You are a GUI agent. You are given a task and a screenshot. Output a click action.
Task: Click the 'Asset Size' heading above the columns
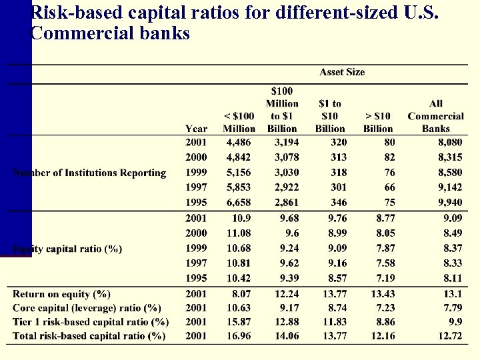[342, 72]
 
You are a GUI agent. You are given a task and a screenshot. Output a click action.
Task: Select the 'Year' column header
[196, 129]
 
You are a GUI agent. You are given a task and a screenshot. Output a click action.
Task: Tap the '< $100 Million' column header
[239, 123]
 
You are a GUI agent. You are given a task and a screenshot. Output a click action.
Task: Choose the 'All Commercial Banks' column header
[435, 116]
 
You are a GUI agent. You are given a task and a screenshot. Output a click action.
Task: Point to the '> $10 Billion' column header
[378, 123]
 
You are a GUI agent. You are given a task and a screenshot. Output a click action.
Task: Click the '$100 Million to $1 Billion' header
[282, 109]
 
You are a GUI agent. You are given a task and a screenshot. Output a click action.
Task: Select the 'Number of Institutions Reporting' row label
[90, 173]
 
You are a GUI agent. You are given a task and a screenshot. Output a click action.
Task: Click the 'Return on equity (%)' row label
[61, 294]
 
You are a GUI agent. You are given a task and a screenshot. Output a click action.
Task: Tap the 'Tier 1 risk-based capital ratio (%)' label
[90, 322]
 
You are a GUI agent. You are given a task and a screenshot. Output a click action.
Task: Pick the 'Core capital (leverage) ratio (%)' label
[87, 308]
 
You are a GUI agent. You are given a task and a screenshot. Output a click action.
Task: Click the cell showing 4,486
[239, 142]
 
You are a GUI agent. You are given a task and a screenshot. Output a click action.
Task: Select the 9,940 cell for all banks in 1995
[449, 202]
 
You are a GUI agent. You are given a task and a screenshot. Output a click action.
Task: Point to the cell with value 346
[338, 202]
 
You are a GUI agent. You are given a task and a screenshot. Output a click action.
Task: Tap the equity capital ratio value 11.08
[240, 233]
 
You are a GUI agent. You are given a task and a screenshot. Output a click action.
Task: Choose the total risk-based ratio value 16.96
[240, 336]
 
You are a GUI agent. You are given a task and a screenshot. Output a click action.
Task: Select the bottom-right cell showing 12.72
[451, 336]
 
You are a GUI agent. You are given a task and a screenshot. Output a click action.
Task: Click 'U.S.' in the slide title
[419, 13]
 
